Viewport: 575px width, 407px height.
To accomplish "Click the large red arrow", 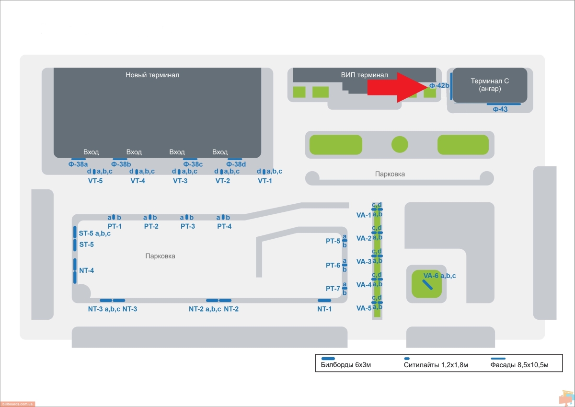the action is point(397,88).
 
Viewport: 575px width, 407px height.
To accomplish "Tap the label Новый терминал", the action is point(152,75).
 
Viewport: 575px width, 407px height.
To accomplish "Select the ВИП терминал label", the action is point(364,75).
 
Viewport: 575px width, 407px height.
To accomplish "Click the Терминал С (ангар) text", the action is point(490,85).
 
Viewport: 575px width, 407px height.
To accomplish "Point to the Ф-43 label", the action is point(500,109).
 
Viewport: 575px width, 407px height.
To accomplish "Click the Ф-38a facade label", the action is point(78,164).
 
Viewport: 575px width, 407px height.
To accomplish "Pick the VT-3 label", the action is point(180,181).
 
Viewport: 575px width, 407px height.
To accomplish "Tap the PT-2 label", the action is point(151,226).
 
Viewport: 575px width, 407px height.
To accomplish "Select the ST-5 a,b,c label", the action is point(95,233).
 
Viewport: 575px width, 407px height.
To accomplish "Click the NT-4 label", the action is point(87,270).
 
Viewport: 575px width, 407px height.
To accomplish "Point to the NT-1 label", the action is point(324,309).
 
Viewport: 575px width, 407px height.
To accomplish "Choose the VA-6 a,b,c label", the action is point(439,276).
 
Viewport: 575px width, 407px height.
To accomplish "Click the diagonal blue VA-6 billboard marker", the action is point(427,285).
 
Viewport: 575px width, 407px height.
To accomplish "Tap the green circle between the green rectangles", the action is point(400,145).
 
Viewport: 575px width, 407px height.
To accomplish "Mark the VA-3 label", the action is point(364,262).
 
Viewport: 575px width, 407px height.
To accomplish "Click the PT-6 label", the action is point(333,265).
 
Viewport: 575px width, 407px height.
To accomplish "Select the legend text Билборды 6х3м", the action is point(346,365).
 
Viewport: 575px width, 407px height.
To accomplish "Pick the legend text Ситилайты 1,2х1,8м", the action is point(436,365).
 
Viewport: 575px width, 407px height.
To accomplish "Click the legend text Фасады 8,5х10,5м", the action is point(519,365).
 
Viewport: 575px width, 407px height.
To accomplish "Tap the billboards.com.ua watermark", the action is point(17,404).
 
